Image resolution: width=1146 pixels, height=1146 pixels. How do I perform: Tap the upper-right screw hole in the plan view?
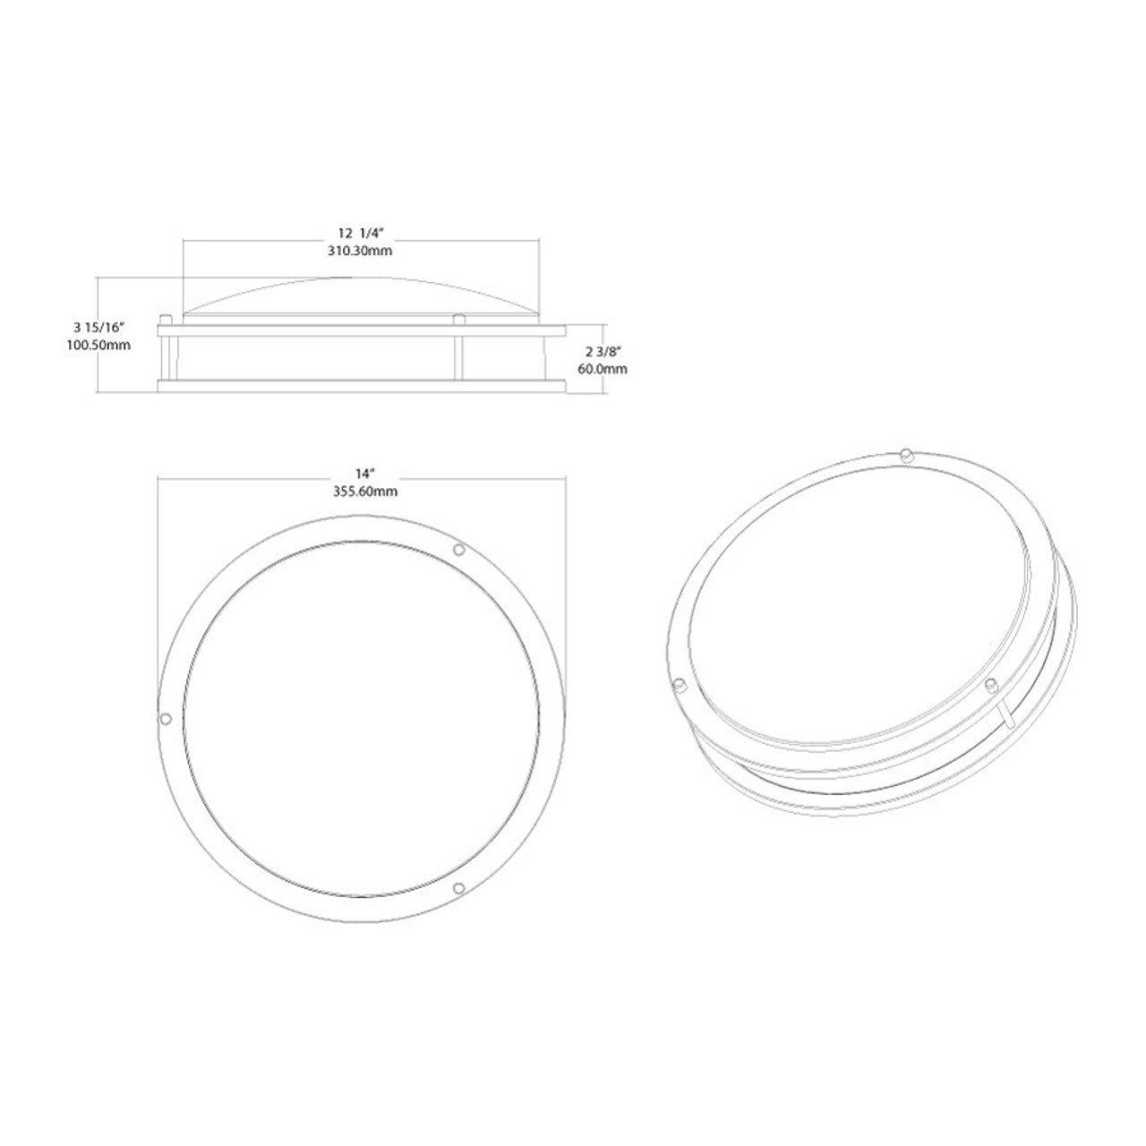tap(459, 549)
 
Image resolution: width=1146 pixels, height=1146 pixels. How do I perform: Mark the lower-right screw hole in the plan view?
tap(459, 887)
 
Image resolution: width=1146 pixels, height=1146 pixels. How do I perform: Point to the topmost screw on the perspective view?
tap(905, 452)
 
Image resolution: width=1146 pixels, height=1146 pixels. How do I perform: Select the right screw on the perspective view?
tap(990, 685)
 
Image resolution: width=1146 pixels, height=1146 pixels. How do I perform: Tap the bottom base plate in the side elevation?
tap(362, 386)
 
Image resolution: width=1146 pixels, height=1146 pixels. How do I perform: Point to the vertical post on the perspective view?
tap(1006, 716)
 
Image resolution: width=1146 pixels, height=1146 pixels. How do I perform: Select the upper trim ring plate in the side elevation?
tap(362, 330)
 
